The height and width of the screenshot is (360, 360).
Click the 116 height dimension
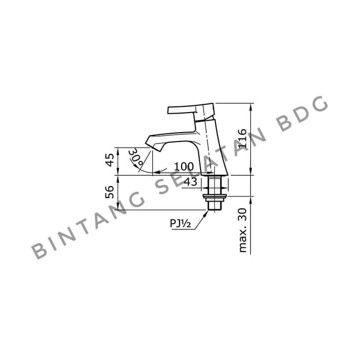(242, 138)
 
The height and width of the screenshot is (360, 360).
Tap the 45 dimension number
(110, 160)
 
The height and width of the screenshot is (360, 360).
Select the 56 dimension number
(110, 192)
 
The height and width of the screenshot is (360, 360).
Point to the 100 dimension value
(184, 167)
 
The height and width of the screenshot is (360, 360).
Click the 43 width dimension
(191, 182)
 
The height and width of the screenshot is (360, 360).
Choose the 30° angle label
(136, 157)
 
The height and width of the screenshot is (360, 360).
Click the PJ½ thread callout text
(180, 223)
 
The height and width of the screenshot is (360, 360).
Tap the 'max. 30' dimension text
(242, 230)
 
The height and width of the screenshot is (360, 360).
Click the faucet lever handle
(191, 110)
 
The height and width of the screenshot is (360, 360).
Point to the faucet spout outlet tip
(153, 148)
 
